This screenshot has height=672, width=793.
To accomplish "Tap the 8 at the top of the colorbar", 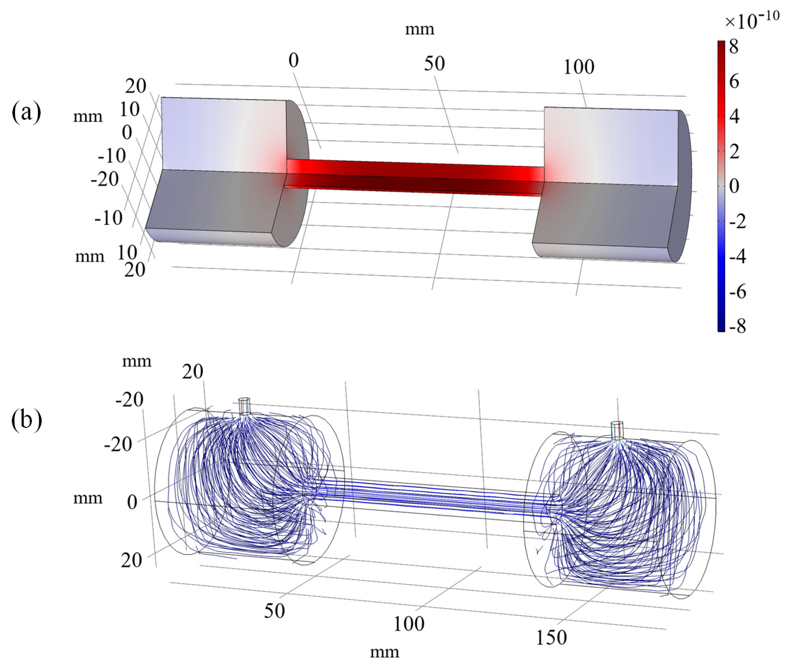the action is coord(734,47).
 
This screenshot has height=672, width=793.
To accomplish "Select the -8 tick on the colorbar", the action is coord(737,326).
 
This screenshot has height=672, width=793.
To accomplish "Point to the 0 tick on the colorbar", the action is coord(734,186).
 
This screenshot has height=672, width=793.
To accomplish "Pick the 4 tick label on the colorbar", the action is coord(734,116).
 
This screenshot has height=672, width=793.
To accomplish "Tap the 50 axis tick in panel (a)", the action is coord(434,64).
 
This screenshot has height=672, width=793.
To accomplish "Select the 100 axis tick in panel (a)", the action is coord(578,67).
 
